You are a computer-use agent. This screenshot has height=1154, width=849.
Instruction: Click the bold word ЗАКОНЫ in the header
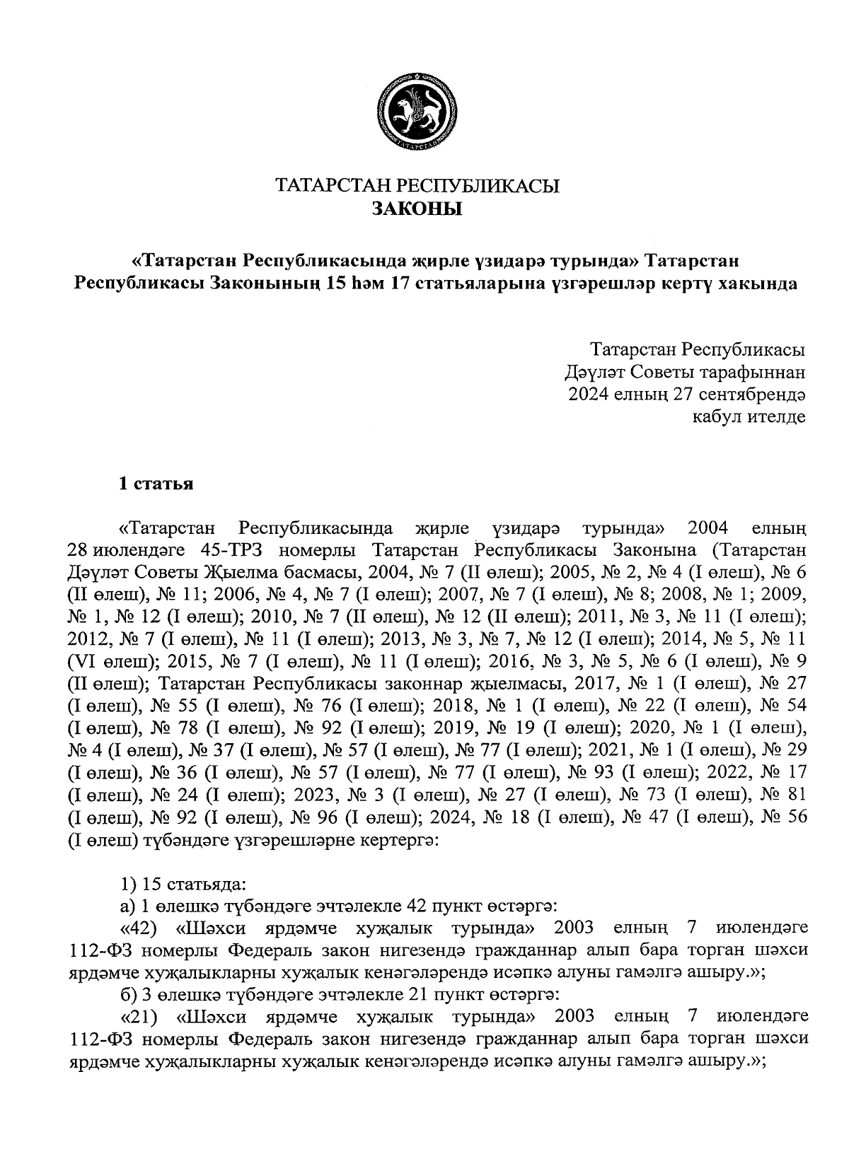click(417, 209)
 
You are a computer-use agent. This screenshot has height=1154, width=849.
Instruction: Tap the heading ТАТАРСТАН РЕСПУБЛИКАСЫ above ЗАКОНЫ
click(417, 187)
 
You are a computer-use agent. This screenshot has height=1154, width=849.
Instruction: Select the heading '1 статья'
click(156, 484)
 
